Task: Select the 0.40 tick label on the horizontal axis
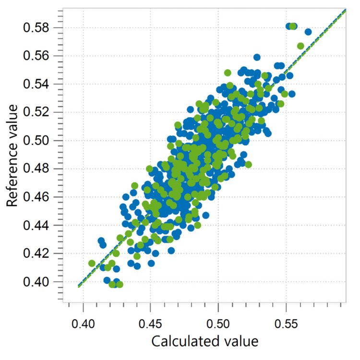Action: [84, 319]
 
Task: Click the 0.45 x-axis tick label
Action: [151, 319]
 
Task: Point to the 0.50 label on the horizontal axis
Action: [218, 319]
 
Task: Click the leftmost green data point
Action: [92, 263]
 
